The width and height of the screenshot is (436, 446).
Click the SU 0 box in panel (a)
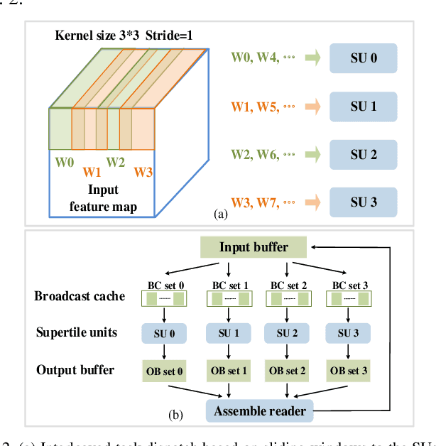coord(363,58)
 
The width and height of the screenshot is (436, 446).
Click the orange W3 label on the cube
coord(144,171)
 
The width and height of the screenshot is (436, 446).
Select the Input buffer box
coord(254,247)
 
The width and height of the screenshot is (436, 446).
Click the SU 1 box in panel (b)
coord(224,333)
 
